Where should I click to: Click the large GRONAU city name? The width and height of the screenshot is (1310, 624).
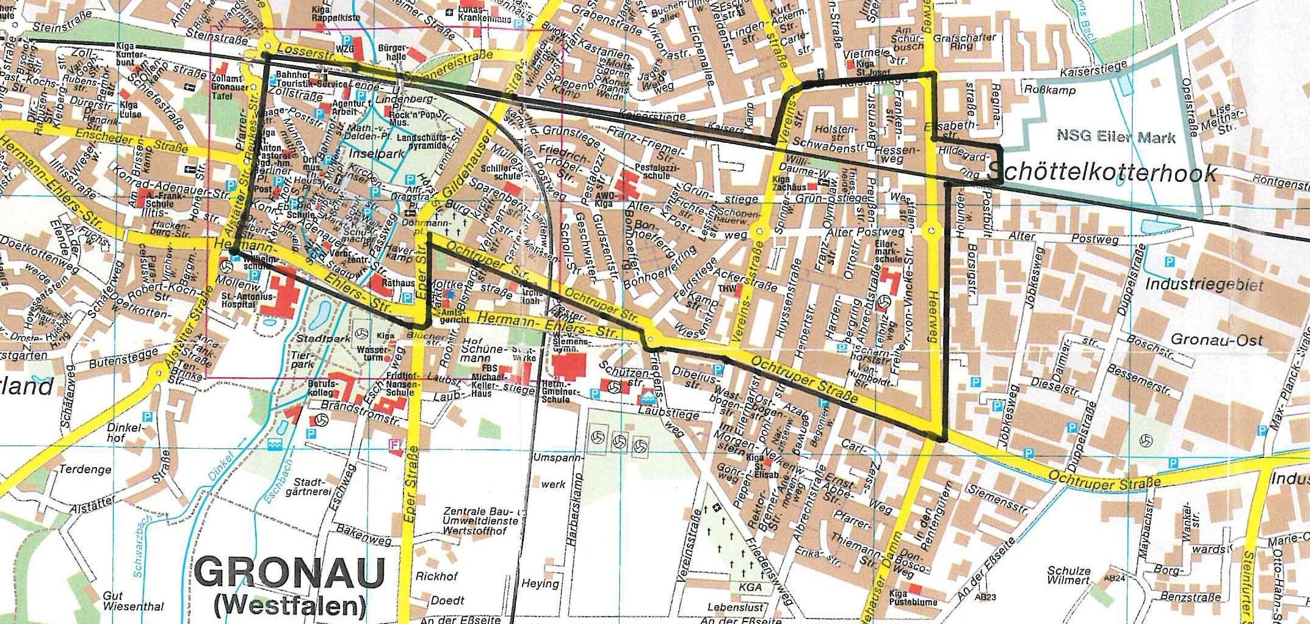[x=291, y=573]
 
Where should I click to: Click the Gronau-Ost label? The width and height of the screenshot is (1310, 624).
[x=1216, y=340]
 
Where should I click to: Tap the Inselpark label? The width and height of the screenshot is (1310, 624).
[x=377, y=154]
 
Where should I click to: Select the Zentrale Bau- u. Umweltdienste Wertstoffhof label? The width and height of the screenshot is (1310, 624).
[x=482, y=521]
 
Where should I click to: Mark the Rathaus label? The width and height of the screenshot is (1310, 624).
[x=397, y=283]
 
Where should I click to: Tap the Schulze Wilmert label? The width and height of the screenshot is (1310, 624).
[x=1069, y=575]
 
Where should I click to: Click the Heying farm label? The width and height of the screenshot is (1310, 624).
[x=540, y=583]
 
